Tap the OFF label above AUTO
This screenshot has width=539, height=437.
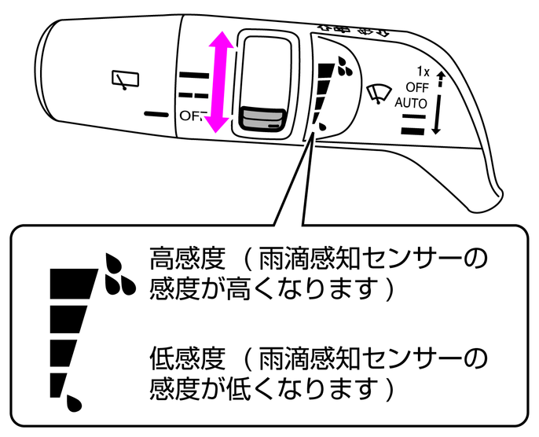pyautogui.click(x=417, y=87)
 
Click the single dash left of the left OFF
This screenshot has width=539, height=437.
pyautogui.click(x=157, y=113)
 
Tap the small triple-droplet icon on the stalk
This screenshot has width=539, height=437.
pyautogui.click(x=343, y=67)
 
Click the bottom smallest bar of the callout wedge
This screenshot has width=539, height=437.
pyautogui.click(x=57, y=384)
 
